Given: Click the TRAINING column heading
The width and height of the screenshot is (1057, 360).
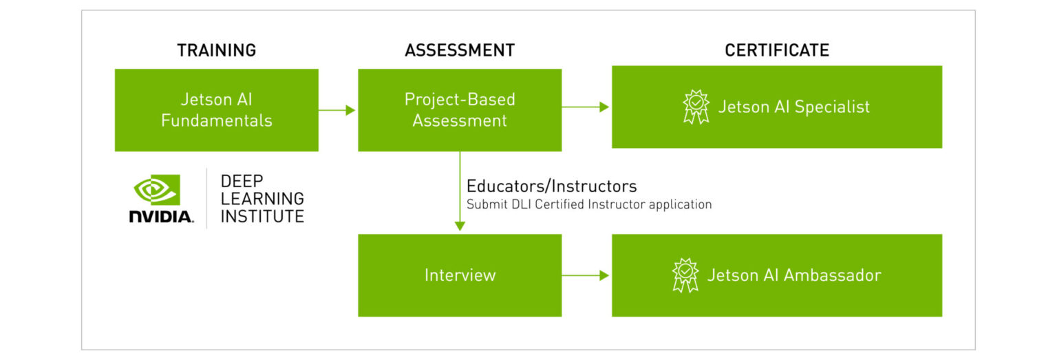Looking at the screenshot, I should [216, 50].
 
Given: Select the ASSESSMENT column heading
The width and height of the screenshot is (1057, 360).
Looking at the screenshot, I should [459, 50].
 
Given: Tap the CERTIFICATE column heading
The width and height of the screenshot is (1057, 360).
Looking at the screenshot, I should [776, 50].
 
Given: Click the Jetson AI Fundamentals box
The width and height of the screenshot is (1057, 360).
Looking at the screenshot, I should [216, 110].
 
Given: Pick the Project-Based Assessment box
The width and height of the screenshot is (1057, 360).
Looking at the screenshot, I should [459, 110].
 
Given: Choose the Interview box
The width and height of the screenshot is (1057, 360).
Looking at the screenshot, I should [459, 275].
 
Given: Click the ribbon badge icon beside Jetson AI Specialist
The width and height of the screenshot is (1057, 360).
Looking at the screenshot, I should [696, 107].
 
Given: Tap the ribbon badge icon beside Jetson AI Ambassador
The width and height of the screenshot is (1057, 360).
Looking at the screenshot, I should [685, 275].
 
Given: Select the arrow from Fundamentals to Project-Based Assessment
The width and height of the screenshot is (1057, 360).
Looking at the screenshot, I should [337, 110].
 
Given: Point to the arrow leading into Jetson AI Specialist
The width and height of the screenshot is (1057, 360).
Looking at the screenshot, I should [586, 107].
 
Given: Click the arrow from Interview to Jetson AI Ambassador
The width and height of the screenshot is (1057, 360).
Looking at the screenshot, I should [586, 275].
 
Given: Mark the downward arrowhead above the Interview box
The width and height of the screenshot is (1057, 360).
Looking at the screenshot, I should [460, 226].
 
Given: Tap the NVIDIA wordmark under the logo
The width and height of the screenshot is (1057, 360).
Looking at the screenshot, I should [161, 216].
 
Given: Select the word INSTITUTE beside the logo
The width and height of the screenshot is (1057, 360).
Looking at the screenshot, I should [262, 216].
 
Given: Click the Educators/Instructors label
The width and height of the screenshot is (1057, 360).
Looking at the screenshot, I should [551, 186].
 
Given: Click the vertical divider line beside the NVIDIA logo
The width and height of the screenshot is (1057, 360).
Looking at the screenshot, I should [207, 198].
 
